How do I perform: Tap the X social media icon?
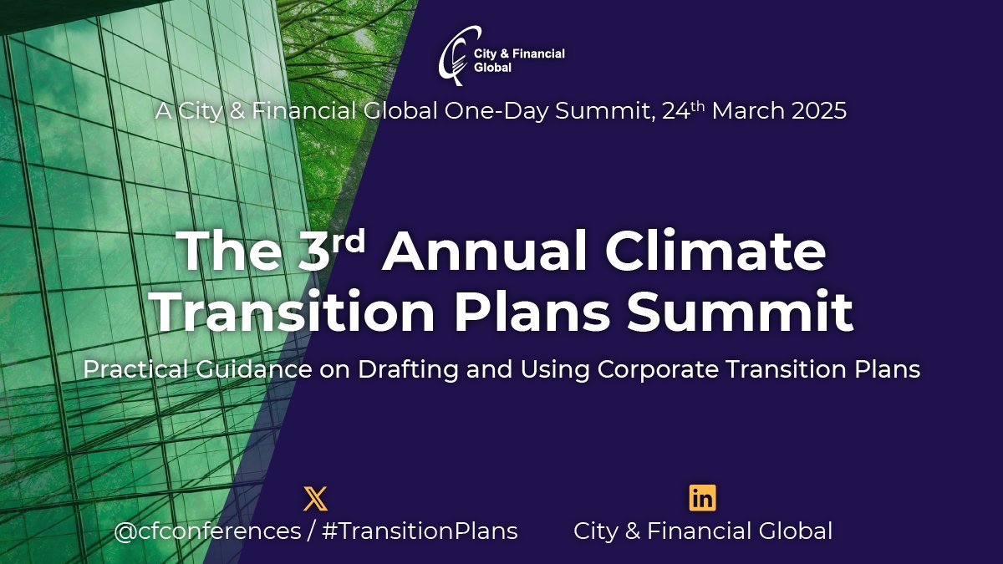tap(315, 499)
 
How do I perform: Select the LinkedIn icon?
tap(702, 498)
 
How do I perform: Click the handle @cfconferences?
tap(207, 531)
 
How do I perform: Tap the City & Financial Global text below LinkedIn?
tap(702, 531)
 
